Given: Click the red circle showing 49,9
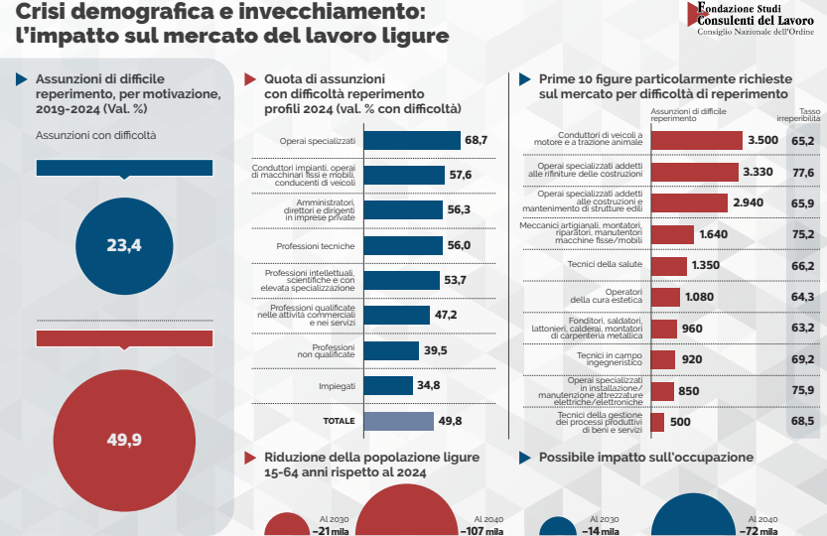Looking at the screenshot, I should pos(124,438).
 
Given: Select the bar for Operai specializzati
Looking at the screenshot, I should pos(413,141).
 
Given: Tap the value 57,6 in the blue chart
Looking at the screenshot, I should pos(460,176).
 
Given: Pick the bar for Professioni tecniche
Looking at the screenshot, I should pos(404,245).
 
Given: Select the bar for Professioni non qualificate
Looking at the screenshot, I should pos(392,350).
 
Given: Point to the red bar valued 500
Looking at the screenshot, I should pos(657,422).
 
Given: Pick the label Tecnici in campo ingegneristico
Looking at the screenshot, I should pos(612,359).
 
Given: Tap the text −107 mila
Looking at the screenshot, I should pos(482,530).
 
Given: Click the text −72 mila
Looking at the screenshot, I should pos(761,530).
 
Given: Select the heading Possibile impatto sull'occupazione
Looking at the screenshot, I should pos(645,458).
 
